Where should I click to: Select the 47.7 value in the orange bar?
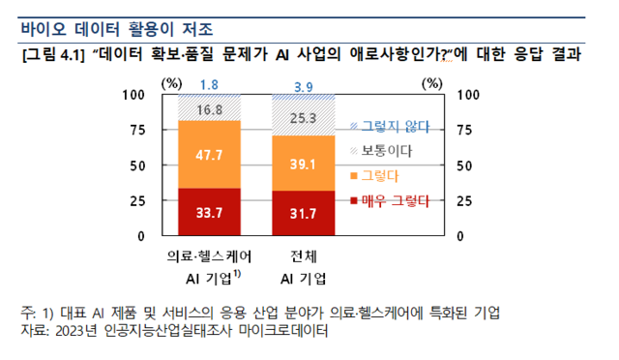click(209, 155)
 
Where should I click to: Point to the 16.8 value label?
click(209, 109)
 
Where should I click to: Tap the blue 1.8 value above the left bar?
click(209, 85)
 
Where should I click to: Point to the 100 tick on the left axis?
click(133, 95)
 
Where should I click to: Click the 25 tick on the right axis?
click(462, 200)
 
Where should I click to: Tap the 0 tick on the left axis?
click(141, 235)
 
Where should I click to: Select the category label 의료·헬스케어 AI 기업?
click(209, 267)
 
